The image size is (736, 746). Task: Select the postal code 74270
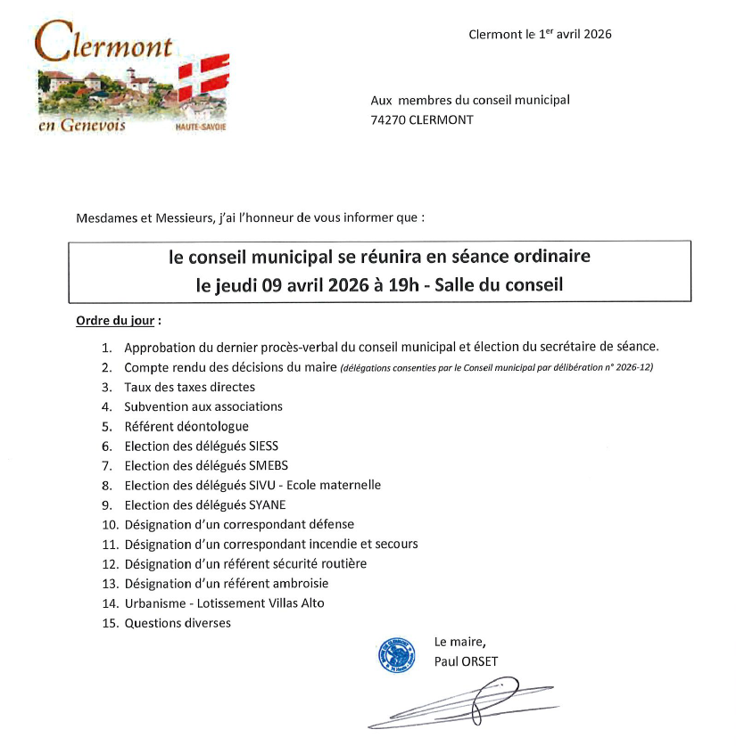pyautogui.click(x=389, y=119)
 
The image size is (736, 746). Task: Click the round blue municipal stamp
pyautogui.click(x=397, y=656)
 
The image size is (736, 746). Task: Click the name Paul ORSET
pyautogui.click(x=467, y=660)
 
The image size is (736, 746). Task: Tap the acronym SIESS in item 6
pyautogui.click(x=273, y=446)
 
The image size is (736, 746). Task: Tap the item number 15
pyautogui.click(x=110, y=623)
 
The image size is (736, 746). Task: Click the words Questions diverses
pyautogui.click(x=178, y=623)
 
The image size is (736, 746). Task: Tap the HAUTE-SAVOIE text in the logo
pyautogui.click(x=202, y=127)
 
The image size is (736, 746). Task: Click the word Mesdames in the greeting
pyautogui.click(x=104, y=217)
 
